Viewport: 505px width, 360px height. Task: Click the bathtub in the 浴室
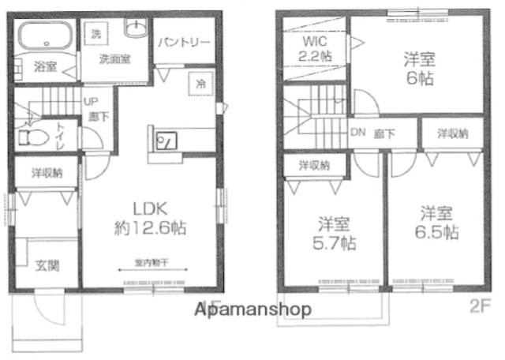click(x=45, y=38)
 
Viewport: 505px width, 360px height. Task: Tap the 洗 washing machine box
click(x=95, y=34)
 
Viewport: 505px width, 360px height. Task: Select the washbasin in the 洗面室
click(x=135, y=32)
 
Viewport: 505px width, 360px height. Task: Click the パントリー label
click(x=182, y=43)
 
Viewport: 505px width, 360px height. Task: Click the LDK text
click(x=148, y=209)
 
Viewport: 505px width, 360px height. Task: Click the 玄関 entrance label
click(x=46, y=266)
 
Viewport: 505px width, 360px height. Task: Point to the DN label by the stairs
click(x=357, y=132)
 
